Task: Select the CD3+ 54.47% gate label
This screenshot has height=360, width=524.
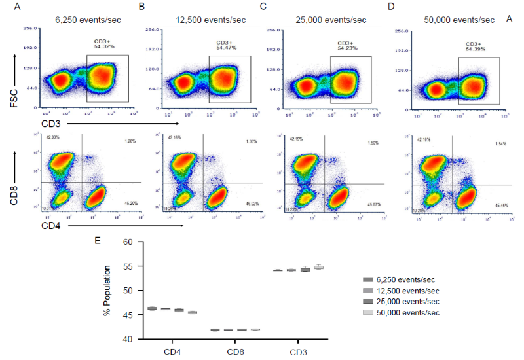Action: pyautogui.click(x=227, y=45)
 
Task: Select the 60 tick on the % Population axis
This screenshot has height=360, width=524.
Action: pyautogui.click(x=128, y=242)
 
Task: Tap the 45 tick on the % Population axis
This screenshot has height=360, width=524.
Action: pyautogui.click(x=128, y=315)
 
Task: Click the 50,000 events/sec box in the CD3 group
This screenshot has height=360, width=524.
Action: pyautogui.click(x=319, y=267)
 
